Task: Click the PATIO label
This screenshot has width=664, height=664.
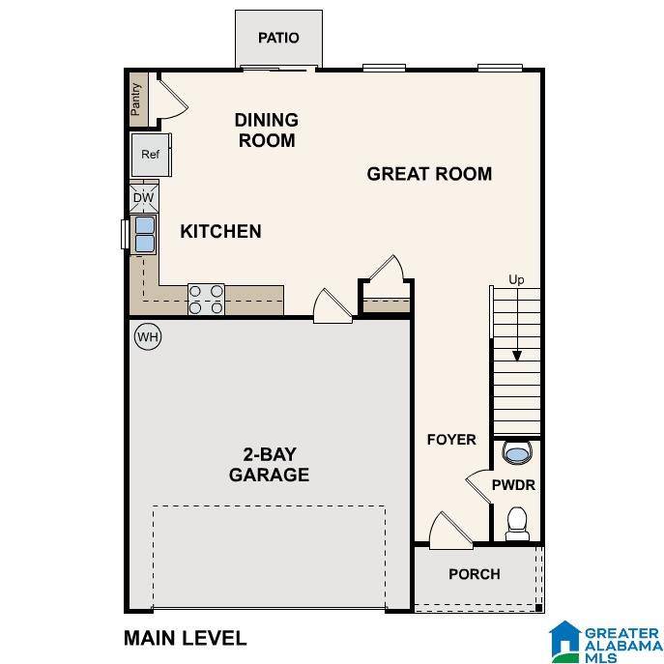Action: point(278,38)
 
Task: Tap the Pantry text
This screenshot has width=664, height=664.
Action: point(135,100)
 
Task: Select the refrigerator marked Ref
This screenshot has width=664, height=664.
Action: point(151,155)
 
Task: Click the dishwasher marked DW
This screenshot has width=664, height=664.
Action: point(144,197)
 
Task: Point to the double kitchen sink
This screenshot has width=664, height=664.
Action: point(145,234)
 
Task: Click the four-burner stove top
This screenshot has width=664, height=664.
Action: point(206,300)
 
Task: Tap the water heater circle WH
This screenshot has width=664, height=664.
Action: point(148,337)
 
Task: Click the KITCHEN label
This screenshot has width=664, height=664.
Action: point(220,232)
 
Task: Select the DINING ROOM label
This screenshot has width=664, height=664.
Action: point(267,130)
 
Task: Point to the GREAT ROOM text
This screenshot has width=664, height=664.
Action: point(429,174)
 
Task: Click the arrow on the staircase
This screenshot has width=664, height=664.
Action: point(517,325)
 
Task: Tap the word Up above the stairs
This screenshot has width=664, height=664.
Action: point(516,280)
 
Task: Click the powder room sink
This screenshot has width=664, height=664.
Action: point(517,453)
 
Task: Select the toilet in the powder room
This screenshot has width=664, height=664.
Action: point(517,524)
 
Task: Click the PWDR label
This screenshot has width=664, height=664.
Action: point(513,485)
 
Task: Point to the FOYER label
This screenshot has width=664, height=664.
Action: point(451,440)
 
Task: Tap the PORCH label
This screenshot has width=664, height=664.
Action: point(475,574)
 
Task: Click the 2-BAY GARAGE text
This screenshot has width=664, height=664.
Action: point(269,465)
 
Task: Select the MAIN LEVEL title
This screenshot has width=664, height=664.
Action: point(185,638)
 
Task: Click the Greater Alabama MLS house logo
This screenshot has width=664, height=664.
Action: point(564,642)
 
